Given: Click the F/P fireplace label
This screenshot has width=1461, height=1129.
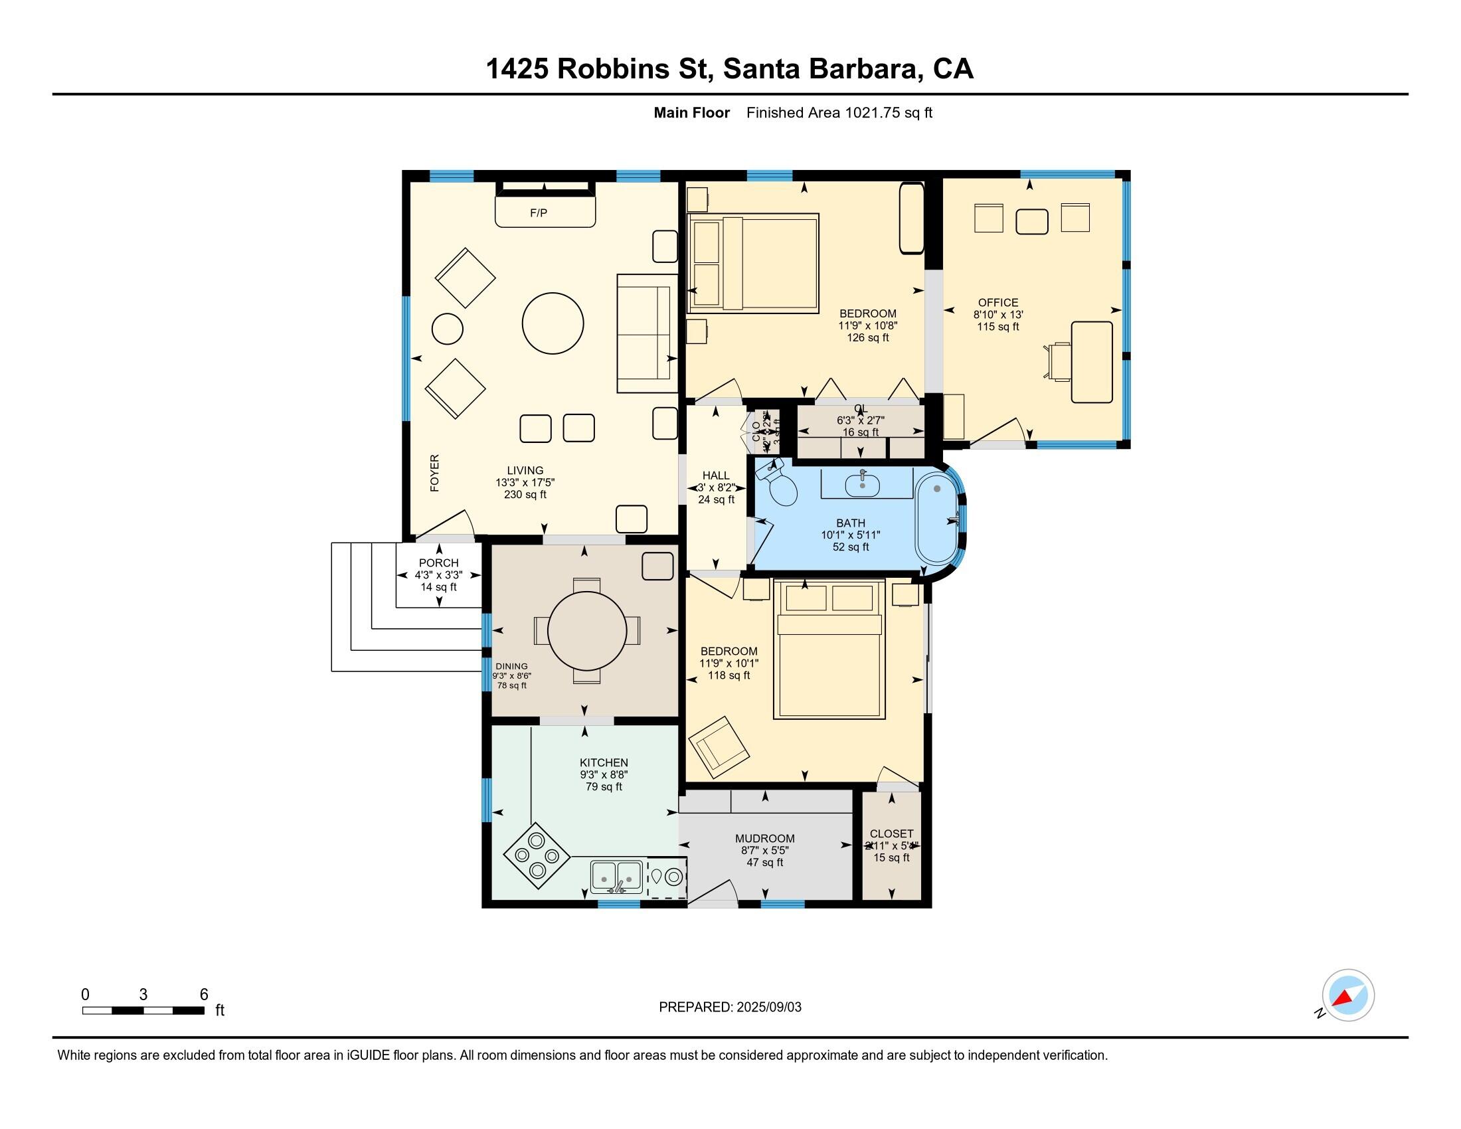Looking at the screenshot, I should click(539, 213).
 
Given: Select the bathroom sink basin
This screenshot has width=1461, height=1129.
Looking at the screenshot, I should click(862, 484).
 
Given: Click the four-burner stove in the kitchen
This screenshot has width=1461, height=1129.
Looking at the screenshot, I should click(537, 855).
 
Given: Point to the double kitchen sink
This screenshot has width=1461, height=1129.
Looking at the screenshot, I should click(616, 875).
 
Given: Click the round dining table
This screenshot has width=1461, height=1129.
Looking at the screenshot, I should click(586, 631).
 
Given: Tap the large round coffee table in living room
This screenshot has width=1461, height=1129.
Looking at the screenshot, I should click(553, 323).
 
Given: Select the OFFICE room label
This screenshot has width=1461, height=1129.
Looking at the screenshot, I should click(997, 303).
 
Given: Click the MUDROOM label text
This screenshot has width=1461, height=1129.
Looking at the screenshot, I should click(764, 839).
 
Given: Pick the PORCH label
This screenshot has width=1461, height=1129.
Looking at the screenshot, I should click(439, 563).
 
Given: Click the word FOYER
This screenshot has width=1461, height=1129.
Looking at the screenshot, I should click(435, 473).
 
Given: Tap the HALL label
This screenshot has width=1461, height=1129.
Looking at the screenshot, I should click(716, 476).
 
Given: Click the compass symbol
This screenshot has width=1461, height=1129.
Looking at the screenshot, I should click(1348, 996).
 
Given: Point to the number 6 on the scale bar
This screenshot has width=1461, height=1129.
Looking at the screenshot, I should click(204, 995).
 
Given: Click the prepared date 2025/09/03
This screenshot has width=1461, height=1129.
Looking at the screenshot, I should click(768, 1007).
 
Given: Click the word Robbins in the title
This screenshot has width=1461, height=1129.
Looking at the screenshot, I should click(613, 69).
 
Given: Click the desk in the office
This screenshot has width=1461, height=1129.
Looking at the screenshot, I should click(1092, 362).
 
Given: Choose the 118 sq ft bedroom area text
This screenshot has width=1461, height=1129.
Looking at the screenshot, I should click(729, 675).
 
